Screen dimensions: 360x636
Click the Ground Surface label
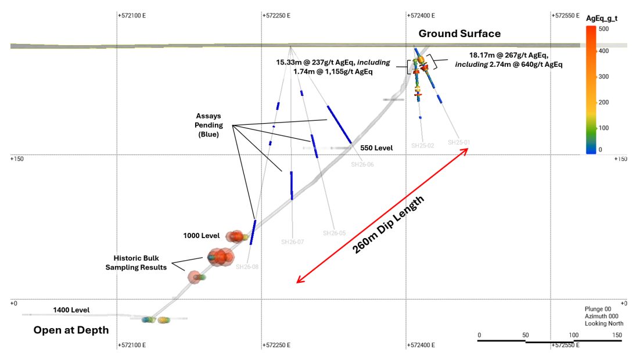pos(459,34)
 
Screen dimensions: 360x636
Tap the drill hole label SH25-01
pos(458,142)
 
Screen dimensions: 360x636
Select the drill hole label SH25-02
pos(422,145)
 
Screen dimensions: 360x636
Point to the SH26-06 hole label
pos(362,164)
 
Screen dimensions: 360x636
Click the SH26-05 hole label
pos(334,233)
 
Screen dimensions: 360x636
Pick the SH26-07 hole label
pos(292,242)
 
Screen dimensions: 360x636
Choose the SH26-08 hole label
pos(247,267)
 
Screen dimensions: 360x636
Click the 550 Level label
pos(376,148)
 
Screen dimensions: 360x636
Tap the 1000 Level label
pos(202,236)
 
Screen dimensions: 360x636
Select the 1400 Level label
pos(71,310)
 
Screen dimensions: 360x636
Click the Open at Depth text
pos(71,330)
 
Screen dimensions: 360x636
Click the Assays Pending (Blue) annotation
pos(207,125)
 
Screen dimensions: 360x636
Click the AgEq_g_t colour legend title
pos(601,19)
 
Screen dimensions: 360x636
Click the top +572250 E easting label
pos(277,16)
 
